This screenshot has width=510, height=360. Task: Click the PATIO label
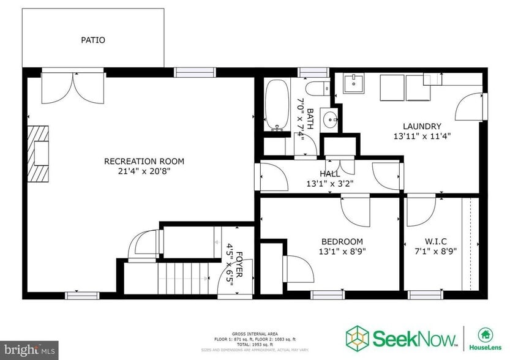click(93, 40)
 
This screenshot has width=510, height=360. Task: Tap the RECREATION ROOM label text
click(144, 162)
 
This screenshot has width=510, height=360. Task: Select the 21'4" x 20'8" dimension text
click(144, 171)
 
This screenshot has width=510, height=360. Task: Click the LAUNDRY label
click(422, 127)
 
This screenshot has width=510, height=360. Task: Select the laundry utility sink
click(353, 83)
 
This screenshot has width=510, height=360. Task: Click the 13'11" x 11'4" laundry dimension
click(422, 137)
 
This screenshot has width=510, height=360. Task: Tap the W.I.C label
click(437, 241)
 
